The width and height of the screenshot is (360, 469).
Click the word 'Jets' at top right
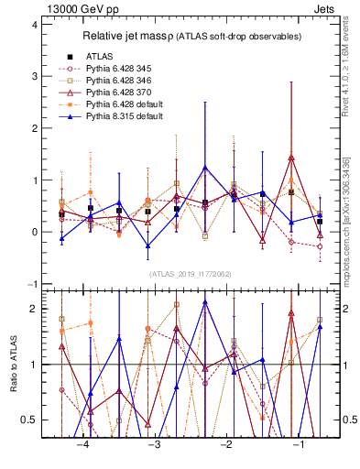pyautogui.click(x=328, y=8)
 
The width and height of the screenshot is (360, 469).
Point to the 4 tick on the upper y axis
pyautogui.click(x=34, y=25)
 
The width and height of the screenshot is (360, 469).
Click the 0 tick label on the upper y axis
pyautogui.click(x=34, y=233)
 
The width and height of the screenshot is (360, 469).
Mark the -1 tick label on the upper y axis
pyautogui.click(x=32, y=284)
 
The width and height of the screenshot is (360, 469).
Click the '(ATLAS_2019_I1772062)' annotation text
pyautogui.click(x=191, y=273)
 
